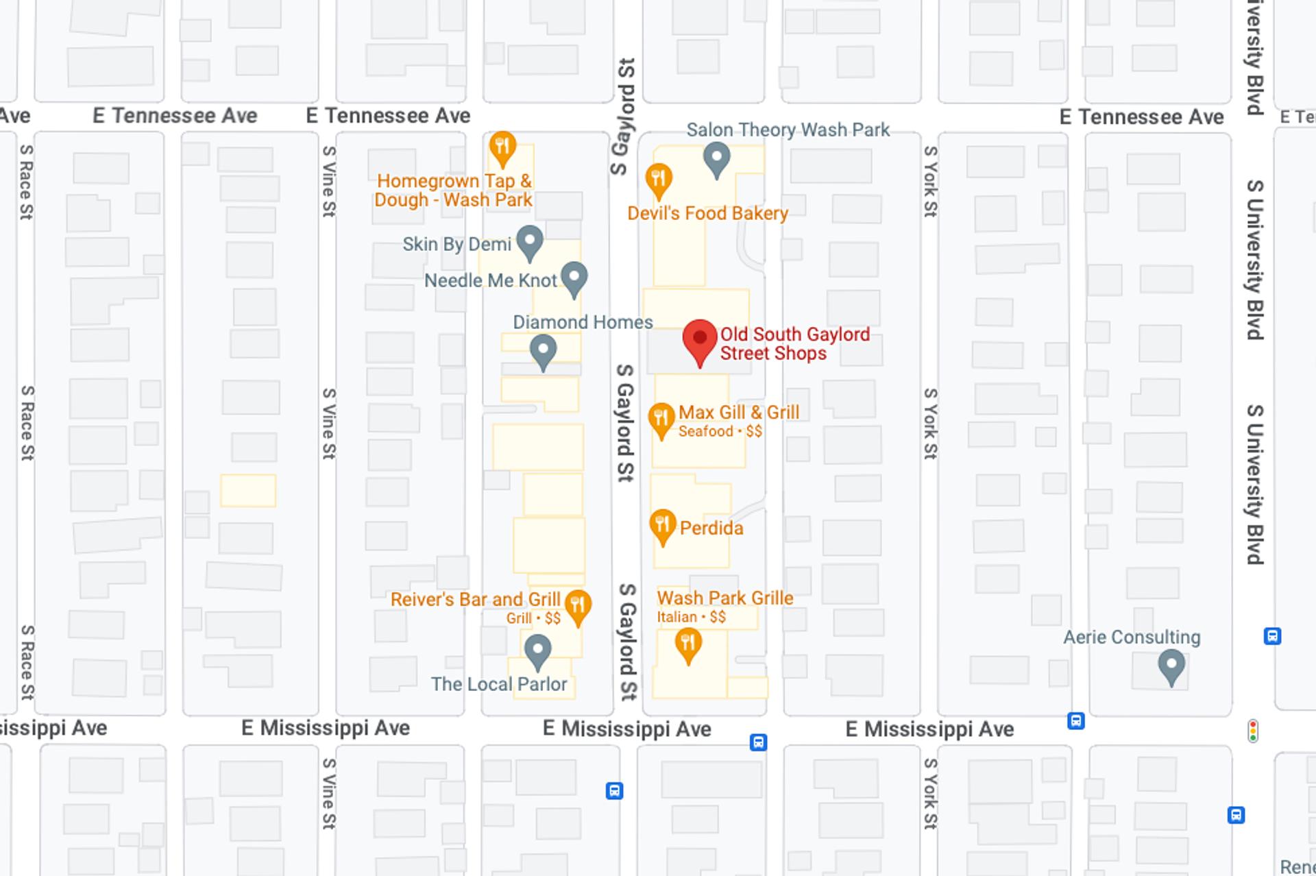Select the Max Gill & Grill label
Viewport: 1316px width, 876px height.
(738, 413)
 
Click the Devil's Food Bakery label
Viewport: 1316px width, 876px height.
(707, 213)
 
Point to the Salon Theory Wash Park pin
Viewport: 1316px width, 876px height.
(717, 159)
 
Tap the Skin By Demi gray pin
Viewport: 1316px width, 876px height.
(530, 242)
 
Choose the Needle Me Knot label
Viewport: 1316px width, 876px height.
(490, 280)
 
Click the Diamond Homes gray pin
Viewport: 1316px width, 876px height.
(544, 351)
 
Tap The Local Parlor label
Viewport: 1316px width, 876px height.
(498, 684)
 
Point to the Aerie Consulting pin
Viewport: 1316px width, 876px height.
(1171, 666)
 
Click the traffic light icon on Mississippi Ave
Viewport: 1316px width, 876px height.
(1253, 731)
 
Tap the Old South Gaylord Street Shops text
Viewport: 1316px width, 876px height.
(794, 343)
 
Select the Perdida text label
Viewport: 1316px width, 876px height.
(711, 528)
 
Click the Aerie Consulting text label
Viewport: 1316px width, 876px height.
(1132, 637)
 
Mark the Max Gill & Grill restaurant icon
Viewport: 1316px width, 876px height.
(661, 418)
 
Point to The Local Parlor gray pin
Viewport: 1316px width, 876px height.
(538, 650)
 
